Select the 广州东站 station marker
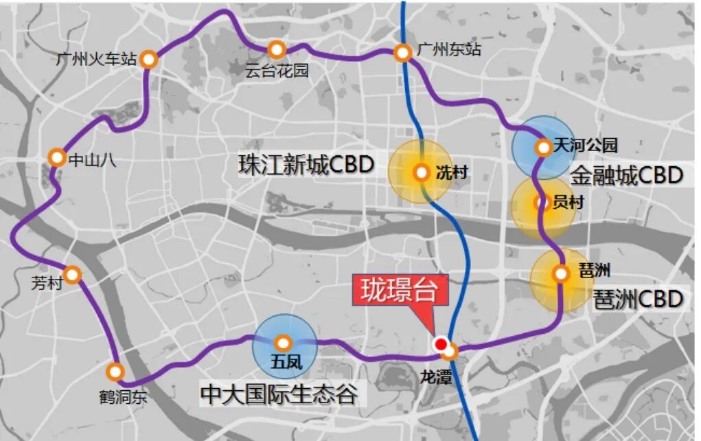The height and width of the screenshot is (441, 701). coord(403,53)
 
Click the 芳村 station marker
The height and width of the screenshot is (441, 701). coord(73,275)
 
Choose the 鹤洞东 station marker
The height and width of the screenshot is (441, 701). coord(115,372)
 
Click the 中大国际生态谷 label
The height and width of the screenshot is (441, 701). coord(279,394)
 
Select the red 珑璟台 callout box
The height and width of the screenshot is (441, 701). coord(401,290)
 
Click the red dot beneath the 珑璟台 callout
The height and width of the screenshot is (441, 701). coord(440,345)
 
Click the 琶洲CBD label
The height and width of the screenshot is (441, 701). coord(639,299)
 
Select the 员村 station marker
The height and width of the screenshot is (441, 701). coord(544,203)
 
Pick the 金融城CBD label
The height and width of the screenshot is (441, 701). coord(627,176)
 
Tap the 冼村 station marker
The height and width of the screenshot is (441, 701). coord(422,172)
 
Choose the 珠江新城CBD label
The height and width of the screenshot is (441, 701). coord(306,165)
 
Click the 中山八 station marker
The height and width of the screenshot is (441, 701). coord(58,158)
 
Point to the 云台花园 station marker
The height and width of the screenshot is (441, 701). coord(277,49)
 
